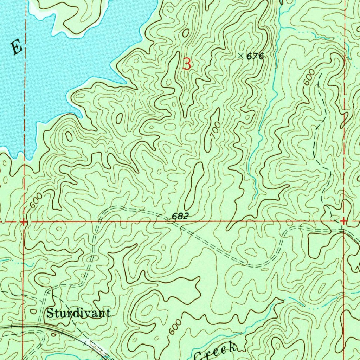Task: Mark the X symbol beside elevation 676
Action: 241,56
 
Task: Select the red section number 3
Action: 187,64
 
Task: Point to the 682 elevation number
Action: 180,217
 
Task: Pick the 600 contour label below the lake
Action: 36,200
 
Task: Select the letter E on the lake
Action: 16,47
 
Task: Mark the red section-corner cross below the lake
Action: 24,222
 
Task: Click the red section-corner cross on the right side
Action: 343,221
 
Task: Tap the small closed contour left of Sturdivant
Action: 33,311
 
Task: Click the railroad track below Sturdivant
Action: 70,333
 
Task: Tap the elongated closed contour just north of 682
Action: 194,185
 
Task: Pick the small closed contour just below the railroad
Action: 53,335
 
